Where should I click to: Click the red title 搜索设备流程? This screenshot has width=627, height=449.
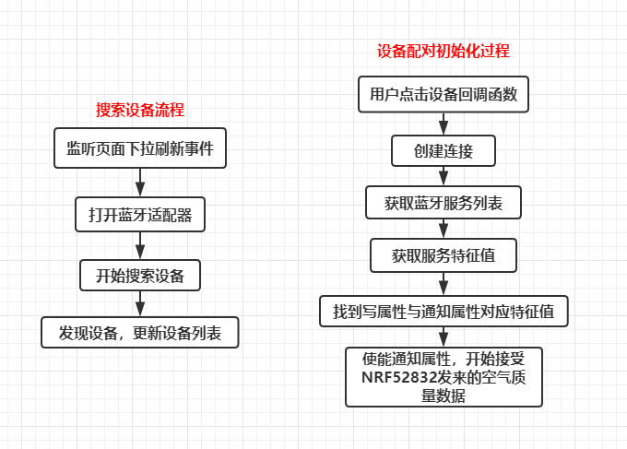(140, 110)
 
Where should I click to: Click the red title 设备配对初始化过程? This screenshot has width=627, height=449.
(444, 52)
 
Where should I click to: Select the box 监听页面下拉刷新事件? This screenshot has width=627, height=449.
(140, 148)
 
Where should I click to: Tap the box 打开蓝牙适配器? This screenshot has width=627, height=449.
(140, 214)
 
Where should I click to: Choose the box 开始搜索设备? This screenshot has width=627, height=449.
(140, 275)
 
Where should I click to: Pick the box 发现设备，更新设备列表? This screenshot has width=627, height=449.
(140, 332)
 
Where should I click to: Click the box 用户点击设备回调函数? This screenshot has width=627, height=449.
(444, 94)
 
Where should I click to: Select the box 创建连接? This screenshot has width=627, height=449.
(444, 150)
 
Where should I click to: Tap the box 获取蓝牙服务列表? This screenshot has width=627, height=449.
(444, 203)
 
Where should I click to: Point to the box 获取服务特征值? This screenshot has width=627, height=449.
(444, 255)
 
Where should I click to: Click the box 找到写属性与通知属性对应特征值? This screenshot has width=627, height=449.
(444, 311)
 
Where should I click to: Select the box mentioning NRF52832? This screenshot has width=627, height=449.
(444, 377)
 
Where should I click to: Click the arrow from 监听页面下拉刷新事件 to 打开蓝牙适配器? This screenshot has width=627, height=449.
(140, 183)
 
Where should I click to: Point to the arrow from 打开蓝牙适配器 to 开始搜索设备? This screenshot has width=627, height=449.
(140, 245)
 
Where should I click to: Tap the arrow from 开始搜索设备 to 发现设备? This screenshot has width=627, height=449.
(140, 303)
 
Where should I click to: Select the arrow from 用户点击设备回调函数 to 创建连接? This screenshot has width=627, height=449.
(444, 124)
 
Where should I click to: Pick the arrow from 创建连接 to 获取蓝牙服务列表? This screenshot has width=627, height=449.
(444, 176)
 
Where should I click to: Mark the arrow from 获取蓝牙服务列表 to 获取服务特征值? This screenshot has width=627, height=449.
(444, 229)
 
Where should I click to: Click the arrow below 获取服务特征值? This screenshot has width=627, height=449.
(444, 284)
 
